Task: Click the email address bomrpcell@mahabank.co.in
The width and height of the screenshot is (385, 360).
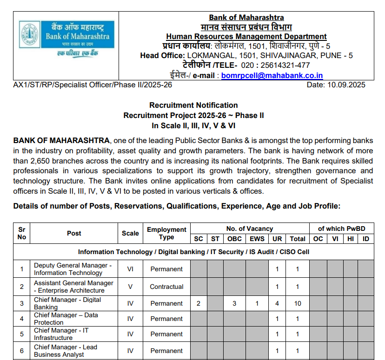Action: point(272,75)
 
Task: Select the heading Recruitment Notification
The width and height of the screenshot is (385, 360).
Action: point(193,105)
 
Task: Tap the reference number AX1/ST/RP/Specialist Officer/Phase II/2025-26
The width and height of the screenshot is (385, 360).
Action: point(93,85)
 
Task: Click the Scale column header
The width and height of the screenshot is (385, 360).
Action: point(130,233)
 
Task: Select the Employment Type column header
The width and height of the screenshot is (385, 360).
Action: point(166,233)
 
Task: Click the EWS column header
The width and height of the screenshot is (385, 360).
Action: point(257,239)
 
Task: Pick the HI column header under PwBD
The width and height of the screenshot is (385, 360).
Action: point(350,239)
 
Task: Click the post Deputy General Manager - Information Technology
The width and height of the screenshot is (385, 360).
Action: point(73,269)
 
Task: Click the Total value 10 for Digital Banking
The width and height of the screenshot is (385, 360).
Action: point(298,303)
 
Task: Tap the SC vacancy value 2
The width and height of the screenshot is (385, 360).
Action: point(199,303)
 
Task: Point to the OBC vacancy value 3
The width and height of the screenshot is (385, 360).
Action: point(235,303)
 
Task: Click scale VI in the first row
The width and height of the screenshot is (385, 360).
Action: point(130,269)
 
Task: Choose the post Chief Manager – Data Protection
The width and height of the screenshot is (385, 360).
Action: point(66,319)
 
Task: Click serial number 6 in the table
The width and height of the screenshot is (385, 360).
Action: point(22,351)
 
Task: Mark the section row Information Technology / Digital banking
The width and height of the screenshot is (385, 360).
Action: point(193,252)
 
